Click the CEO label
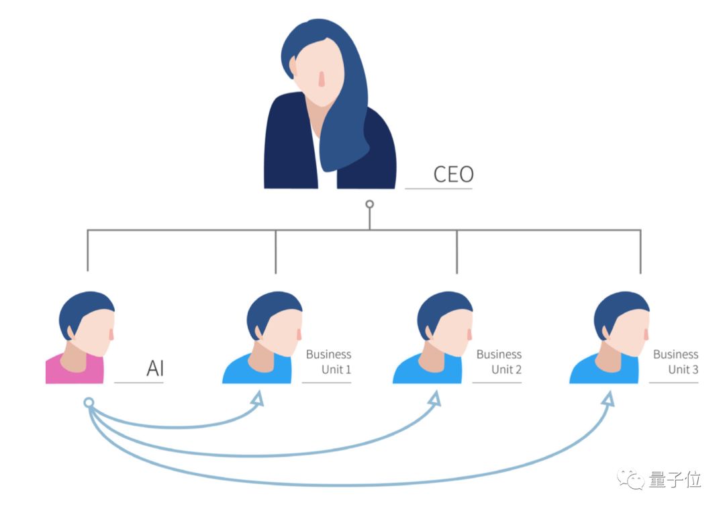pyautogui.click(x=454, y=174)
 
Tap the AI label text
pyautogui.click(x=155, y=369)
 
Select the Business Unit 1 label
pyautogui.click(x=329, y=361)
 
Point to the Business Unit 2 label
pyautogui.click(x=499, y=361)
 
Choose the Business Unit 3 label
pyautogui.click(x=676, y=361)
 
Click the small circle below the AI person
pyautogui.click(x=88, y=403)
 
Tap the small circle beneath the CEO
pyautogui.click(x=369, y=203)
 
